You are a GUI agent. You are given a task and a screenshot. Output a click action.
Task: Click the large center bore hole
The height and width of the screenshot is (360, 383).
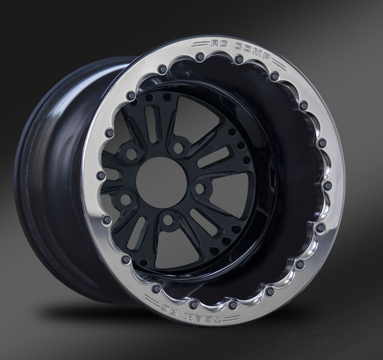(162, 182)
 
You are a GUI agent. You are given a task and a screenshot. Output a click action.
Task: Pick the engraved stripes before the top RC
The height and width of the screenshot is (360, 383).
(201, 43)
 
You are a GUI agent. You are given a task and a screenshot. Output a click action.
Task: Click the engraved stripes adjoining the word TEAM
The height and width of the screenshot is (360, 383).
(230, 320)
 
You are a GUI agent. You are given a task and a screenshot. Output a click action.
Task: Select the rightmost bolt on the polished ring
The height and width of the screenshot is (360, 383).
(327, 186)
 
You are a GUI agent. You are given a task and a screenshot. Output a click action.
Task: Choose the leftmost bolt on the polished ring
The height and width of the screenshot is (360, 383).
(101, 176)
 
